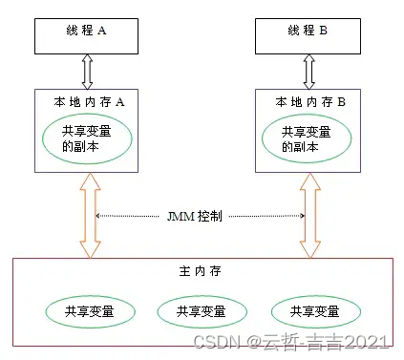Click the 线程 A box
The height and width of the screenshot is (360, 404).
click(x=89, y=32)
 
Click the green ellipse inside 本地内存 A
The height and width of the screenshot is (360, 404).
click(x=87, y=138)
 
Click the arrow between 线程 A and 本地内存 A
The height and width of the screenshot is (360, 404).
click(x=88, y=69)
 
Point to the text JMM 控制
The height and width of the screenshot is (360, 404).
click(x=195, y=217)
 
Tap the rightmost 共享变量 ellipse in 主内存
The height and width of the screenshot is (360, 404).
click(x=308, y=311)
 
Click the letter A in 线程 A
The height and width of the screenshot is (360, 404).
click(x=101, y=31)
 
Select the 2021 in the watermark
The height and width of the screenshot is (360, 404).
click(x=370, y=341)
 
